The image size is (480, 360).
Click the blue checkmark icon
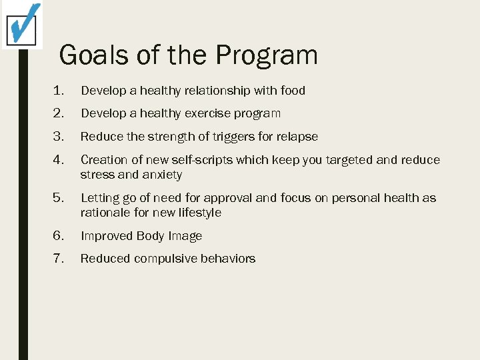[23, 24]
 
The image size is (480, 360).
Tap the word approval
[229, 198]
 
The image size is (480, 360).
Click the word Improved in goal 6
[107, 236]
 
